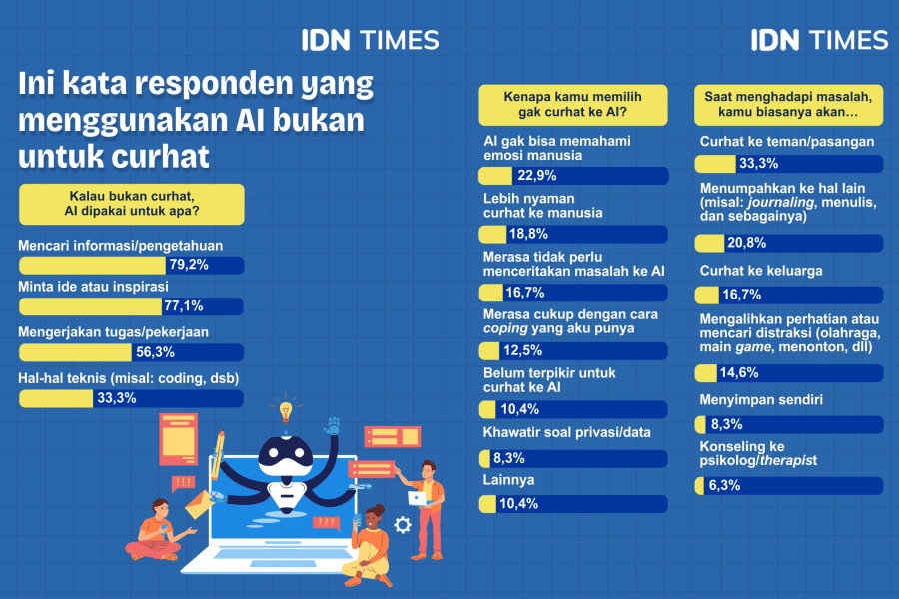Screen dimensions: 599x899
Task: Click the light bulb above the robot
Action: coord(286,410)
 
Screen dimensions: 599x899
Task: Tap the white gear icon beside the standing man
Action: coord(403,523)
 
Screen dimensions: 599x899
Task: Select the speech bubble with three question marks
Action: coord(326,522)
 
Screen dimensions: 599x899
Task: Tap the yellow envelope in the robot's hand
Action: coord(199,503)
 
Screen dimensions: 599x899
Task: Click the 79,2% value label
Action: coord(186,265)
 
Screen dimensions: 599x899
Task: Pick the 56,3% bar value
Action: coord(155,351)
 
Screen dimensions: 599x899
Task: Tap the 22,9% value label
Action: coord(534,176)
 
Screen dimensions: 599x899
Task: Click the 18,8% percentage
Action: coord(528,235)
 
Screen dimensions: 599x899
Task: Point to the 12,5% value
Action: coord(519,350)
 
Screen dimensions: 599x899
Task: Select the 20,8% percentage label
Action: coord(748,243)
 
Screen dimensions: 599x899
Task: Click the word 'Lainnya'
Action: coord(510,480)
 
